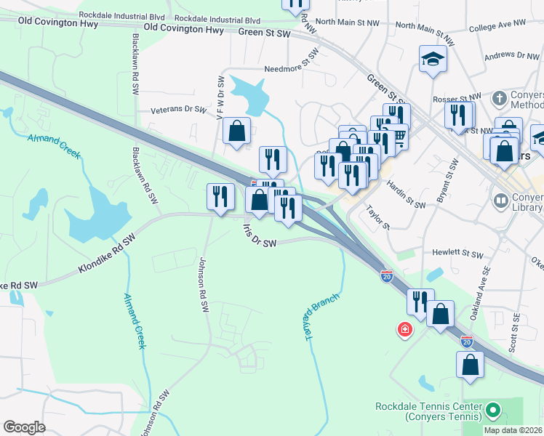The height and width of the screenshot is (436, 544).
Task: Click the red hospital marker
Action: pos(404,331)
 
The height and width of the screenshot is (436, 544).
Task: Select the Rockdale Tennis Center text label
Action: pos(428,411)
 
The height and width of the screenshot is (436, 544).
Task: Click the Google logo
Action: pos(24,427)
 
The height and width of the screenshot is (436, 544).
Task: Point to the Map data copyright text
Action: pos(513,430)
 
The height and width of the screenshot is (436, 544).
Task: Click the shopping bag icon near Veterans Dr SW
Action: pos(237,132)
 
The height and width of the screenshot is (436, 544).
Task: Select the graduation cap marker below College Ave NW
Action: pos(433,59)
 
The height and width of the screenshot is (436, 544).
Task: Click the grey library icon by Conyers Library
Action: pos(500,199)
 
